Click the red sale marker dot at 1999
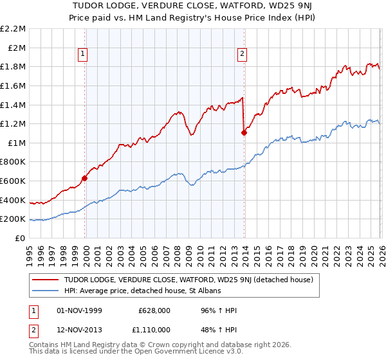click(x=85, y=179)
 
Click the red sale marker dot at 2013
click(x=244, y=133)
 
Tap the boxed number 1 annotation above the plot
click(x=85, y=55)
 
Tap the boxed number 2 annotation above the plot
click(x=243, y=55)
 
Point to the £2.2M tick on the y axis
click(x=14, y=29)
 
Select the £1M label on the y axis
click(x=17, y=143)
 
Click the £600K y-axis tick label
click(x=14, y=181)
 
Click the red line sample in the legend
click(x=46, y=280)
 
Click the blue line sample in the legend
click(x=46, y=291)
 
